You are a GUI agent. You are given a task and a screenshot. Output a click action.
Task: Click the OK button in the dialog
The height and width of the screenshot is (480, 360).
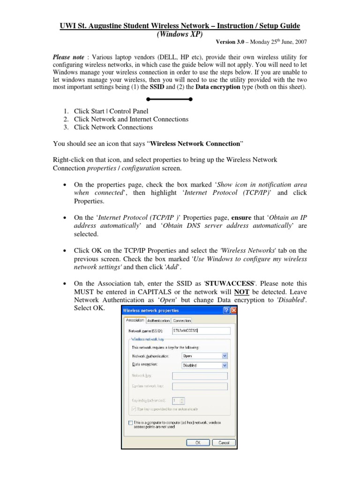(198, 442)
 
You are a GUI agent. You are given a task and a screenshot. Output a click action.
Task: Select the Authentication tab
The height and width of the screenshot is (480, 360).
(158, 321)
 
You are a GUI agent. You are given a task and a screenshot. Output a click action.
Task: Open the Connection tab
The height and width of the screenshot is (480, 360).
(182, 321)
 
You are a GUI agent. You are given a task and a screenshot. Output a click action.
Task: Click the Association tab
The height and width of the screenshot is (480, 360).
(134, 320)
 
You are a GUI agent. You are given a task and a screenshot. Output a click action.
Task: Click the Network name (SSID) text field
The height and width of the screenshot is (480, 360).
(200, 330)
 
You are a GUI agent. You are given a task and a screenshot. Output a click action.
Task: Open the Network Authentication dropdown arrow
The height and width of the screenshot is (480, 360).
(225, 356)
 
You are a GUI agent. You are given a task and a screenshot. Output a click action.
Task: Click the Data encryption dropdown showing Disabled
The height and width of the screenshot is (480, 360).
(204, 365)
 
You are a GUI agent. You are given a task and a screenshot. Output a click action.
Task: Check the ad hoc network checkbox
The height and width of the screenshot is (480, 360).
(130, 422)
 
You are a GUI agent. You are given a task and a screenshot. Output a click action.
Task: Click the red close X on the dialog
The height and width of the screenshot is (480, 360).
(233, 310)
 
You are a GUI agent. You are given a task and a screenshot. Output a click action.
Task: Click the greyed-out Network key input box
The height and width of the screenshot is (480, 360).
(200, 376)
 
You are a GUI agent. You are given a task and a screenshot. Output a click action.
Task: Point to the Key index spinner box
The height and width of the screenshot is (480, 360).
(179, 401)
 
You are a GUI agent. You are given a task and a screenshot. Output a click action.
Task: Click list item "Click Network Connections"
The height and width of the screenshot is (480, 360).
(110, 127)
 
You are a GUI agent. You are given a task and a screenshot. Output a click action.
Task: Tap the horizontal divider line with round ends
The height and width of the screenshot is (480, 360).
(169, 99)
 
